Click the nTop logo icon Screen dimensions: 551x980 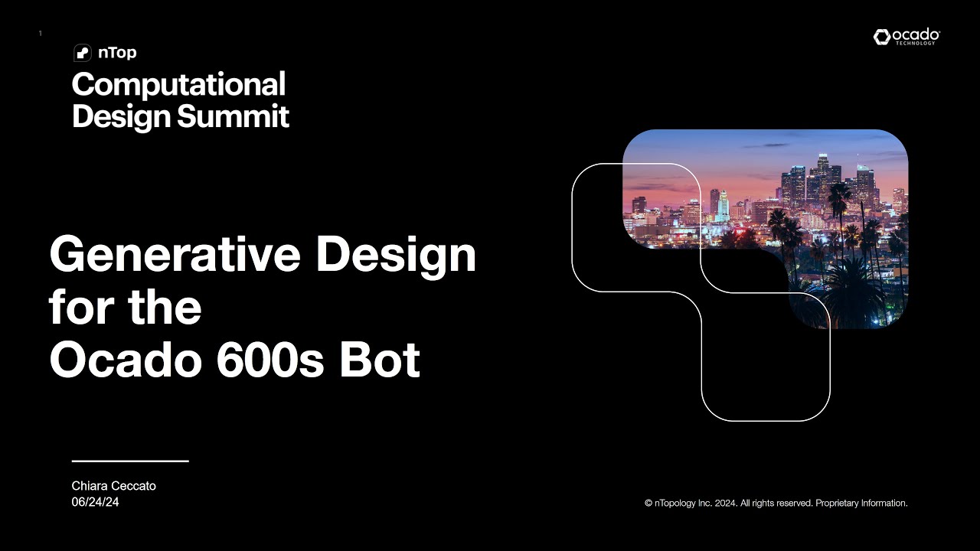click(x=82, y=53)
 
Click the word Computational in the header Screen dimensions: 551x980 click(x=178, y=84)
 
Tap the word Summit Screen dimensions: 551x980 click(x=234, y=116)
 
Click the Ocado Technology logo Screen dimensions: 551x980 click(x=906, y=37)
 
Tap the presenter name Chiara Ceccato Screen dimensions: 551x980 click(x=113, y=486)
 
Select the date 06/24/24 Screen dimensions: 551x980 click(x=95, y=502)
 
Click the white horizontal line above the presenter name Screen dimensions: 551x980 click(x=130, y=461)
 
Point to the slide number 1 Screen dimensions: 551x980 click(x=40, y=34)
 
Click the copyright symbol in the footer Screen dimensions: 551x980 click(x=648, y=504)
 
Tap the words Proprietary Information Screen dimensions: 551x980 click(x=861, y=504)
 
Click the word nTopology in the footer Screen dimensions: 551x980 click(x=675, y=504)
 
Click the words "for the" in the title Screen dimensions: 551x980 click(x=126, y=307)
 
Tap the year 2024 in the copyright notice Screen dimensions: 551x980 click(x=727, y=504)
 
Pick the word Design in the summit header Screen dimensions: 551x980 click(x=122, y=116)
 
